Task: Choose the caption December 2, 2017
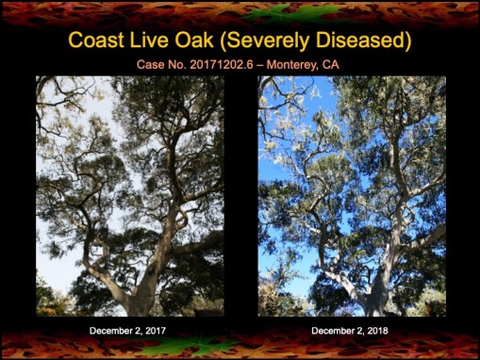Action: coord(129,331)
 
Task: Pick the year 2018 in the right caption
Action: coord(376,331)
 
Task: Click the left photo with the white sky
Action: coord(129,196)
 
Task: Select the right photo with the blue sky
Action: coord(352,196)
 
